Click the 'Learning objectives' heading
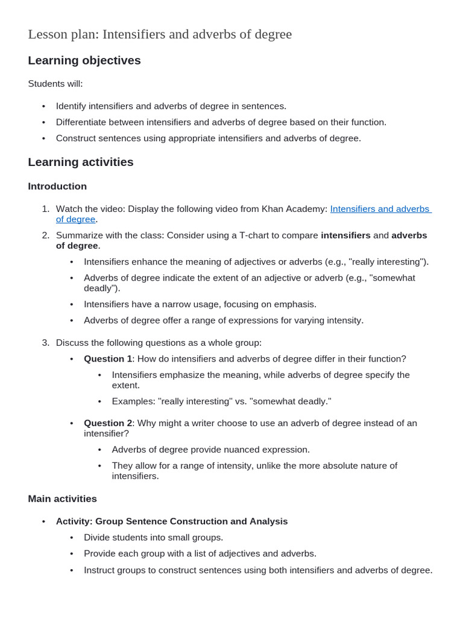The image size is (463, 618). pyautogui.click(x=84, y=60)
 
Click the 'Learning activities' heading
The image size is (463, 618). pyautogui.click(x=81, y=162)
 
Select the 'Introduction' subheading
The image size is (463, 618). pyautogui.click(x=57, y=186)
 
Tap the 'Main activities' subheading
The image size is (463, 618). pyautogui.click(x=62, y=499)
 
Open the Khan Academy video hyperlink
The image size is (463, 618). pyautogui.click(x=380, y=209)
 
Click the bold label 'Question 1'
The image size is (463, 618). pyautogui.click(x=108, y=358)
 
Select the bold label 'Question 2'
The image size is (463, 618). pyautogui.click(x=108, y=423)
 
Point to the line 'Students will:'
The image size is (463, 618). pyautogui.click(x=55, y=84)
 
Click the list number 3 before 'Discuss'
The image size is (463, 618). pyautogui.click(x=45, y=343)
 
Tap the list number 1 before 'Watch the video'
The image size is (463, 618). pyautogui.click(x=45, y=209)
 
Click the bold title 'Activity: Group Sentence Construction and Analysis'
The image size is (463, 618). pyautogui.click(x=172, y=521)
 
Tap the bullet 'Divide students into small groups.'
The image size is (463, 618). pyautogui.click(x=153, y=537)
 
